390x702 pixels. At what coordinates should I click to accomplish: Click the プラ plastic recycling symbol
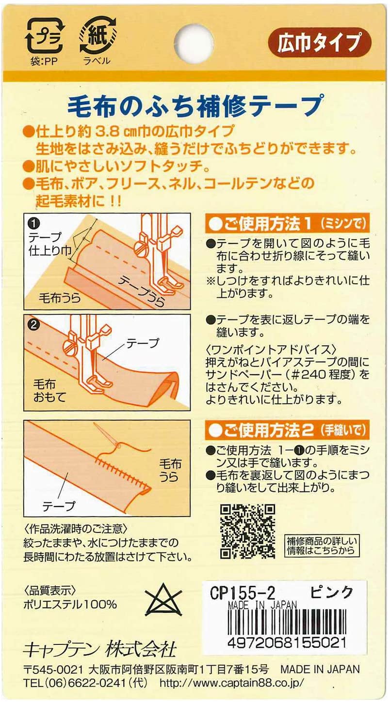tap(44, 36)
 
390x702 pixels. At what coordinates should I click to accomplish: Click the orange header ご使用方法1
tap(287, 224)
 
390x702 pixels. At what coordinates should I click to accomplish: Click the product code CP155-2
tap(242, 593)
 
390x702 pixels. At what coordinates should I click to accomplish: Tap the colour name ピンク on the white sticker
tap(332, 592)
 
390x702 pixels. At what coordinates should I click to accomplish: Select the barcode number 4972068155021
tap(287, 643)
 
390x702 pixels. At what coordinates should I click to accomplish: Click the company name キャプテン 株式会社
tap(100, 649)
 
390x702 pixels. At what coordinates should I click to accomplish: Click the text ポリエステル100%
tap(70, 605)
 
